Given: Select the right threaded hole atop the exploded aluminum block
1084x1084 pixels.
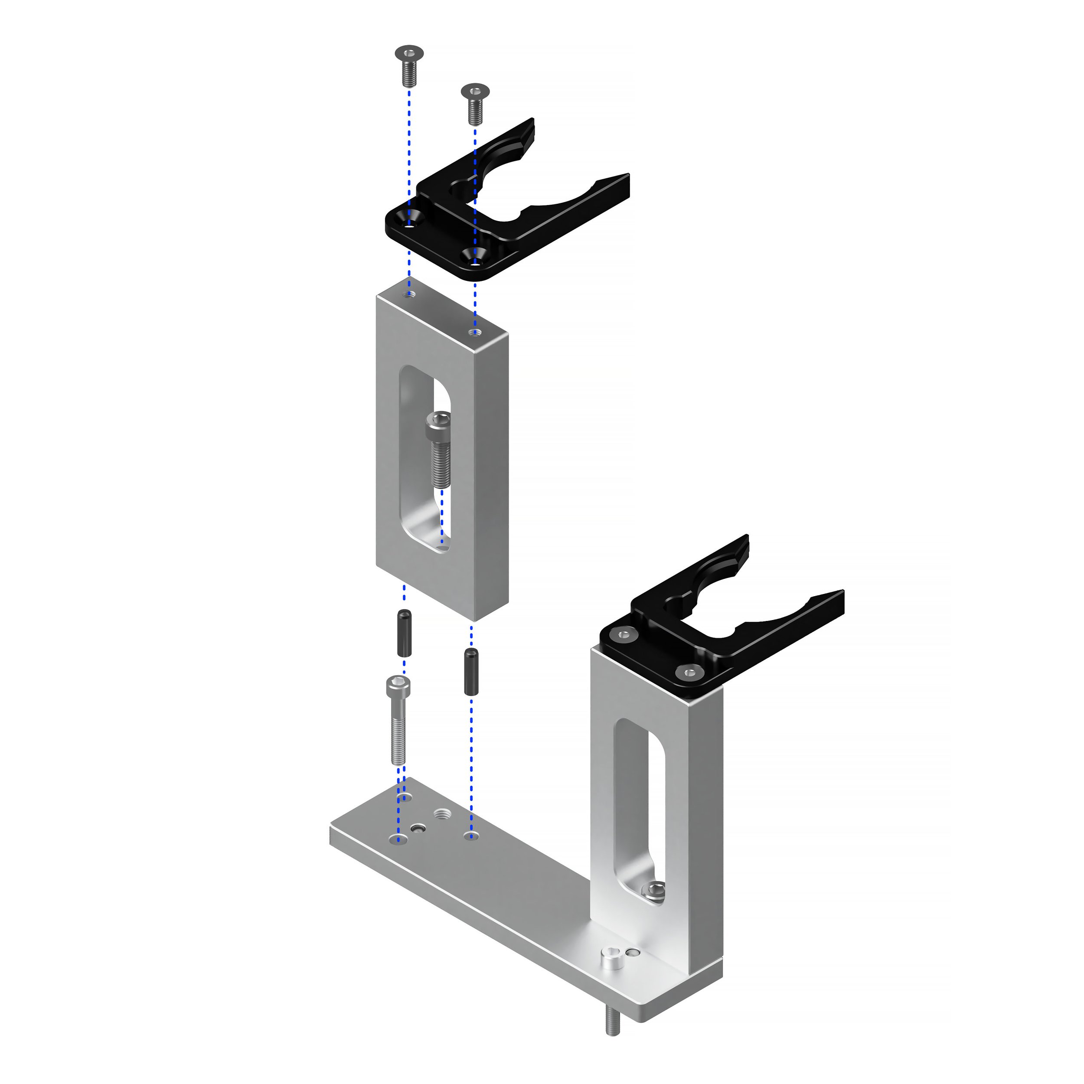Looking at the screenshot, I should point(475,332).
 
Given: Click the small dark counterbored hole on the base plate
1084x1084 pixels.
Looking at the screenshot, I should point(418,828).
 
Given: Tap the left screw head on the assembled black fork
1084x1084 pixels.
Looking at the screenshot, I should point(624,635).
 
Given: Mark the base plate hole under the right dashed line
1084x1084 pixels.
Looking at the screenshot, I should point(471,836).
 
